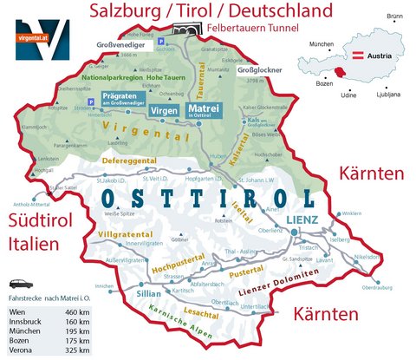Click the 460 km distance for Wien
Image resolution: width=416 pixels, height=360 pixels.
(x=78, y=311)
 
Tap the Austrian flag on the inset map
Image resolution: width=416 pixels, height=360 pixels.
(x=356, y=56)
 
